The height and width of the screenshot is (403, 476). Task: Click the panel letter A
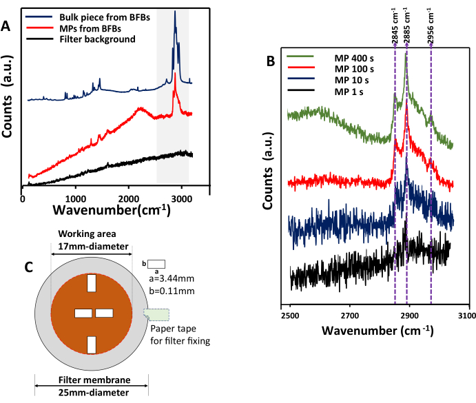point(7,26)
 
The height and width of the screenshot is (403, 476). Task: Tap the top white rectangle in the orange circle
point(92,283)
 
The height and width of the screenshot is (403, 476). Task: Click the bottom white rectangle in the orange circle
point(92,344)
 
